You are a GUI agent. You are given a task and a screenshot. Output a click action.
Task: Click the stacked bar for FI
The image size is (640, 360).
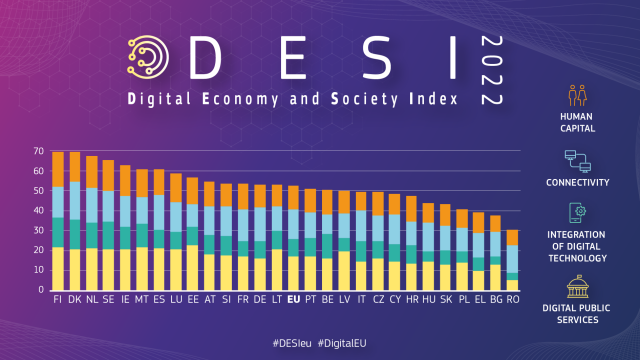[58, 220]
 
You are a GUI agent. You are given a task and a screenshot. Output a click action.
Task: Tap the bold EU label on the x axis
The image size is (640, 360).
[293, 297]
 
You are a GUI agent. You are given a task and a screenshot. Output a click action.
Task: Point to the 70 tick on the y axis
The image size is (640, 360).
[42, 151]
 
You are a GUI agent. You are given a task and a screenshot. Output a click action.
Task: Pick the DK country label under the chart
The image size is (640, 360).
[75, 297]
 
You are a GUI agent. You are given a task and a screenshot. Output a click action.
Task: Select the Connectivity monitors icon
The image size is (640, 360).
[578, 159]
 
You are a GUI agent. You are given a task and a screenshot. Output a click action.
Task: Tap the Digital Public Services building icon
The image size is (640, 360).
[578, 289]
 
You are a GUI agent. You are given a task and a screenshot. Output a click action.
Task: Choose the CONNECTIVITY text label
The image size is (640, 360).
[578, 183]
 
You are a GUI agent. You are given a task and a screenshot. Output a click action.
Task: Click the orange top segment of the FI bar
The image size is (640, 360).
[58, 169]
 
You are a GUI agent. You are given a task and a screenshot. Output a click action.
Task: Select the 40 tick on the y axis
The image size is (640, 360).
[42, 210]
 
